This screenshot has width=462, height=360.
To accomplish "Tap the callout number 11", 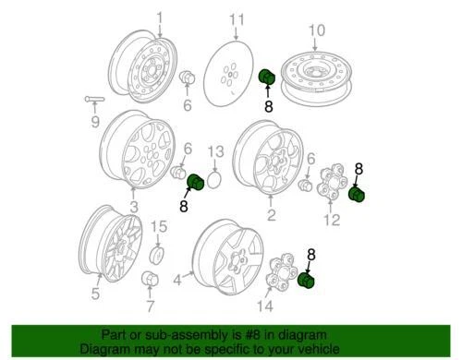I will (x=237, y=19).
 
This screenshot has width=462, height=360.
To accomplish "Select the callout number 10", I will (x=316, y=30).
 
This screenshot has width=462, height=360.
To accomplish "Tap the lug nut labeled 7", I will (x=149, y=281).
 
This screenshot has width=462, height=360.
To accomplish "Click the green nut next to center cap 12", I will (x=357, y=195).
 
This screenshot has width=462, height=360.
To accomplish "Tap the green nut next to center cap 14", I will (x=308, y=281).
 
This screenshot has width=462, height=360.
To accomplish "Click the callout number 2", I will (x=271, y=216).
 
